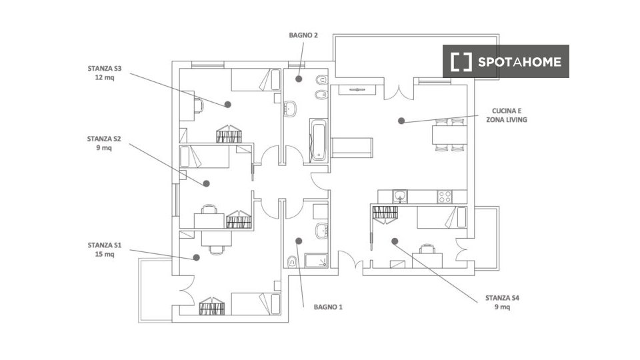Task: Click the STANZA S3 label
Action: pyautogui.click(x=105, y=73)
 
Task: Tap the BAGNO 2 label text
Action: pyautogui.click(x=303, y=35)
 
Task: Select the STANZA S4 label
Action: pyautogui.click(x=502, y=303)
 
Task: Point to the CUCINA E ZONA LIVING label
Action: pyautogui.click(x=507, y=115)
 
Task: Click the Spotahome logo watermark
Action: pyautogui.click(x=506, y=61)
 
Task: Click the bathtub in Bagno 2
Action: pyautogui.click(x=319, y=141)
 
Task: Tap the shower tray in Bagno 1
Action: pyautogui.click(x=316, y=261)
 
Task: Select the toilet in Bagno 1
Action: pyautogui.click(x=292, y=261)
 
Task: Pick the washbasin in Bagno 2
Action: pyautogui.click(x=290, y=109)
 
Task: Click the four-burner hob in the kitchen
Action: pyautogui.click(x=445, y=197)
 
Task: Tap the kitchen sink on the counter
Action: pyautogui.click(x=401, y=197)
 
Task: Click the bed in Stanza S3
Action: pyautogui.click(x=256, y=79)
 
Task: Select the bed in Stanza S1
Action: pyautogui.click(x=256, y=304)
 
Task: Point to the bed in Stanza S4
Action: pyautogui.click(x=441, y=217)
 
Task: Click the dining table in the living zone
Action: pyautogui.click(x=449, y=135)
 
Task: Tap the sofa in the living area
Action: pyautogui.click(x=351, y=147)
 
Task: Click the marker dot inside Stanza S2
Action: pyautogui.click(x=207, y=184)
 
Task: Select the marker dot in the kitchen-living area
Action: pyautogui.click(x=401, y=121)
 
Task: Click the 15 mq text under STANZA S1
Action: pyautogui.click(x=105, y=254)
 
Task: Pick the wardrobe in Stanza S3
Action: pyautogui.click(x=229, y=134)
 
